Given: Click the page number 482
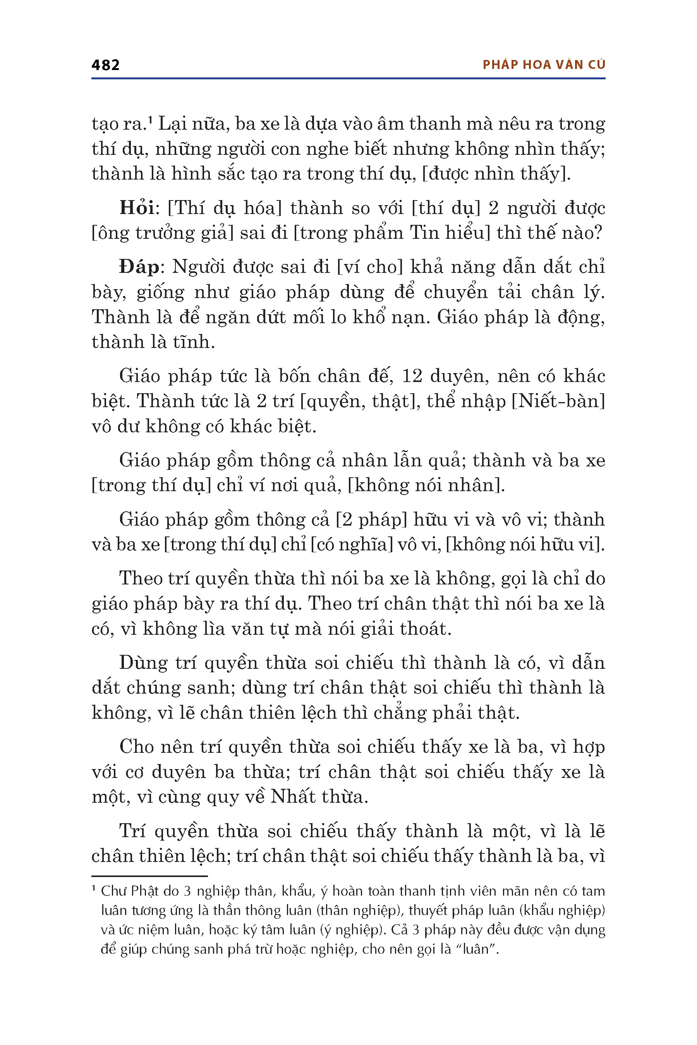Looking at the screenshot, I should pos(105,65).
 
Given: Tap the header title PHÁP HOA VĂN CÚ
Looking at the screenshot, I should pos(544,65).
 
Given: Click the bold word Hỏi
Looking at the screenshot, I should pos(136,208).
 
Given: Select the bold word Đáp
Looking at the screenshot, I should pos(139,267).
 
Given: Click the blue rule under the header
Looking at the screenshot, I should pos(348,79).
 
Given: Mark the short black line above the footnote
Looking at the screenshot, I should pos(149,876).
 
